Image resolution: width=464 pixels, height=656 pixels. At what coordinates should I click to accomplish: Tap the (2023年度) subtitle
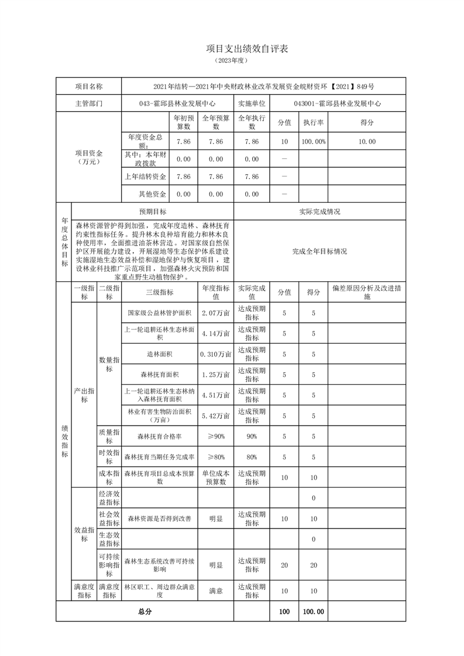click(232, 60)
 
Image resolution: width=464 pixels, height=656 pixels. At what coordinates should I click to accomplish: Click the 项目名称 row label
click(88, 86)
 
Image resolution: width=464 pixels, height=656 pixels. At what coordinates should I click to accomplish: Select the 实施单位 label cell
click(252, 103)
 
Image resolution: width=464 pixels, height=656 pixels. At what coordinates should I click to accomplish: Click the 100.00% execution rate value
click(313, 141)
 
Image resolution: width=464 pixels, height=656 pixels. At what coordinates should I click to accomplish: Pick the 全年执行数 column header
click(252, 122)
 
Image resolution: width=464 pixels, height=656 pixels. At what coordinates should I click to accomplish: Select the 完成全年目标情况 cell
click(319, 251)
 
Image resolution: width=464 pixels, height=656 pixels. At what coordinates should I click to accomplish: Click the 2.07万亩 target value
click(216, 313)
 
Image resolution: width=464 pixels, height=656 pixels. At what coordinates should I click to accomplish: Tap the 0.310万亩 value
click(216, 354)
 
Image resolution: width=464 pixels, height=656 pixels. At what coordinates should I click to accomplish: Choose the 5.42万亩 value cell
click(216, 416)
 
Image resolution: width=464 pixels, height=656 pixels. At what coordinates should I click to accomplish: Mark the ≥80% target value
click(216, 457)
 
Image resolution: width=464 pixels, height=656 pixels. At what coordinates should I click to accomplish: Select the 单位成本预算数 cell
click(216, 477)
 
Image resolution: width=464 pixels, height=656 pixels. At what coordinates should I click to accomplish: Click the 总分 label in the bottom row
click(145, 612)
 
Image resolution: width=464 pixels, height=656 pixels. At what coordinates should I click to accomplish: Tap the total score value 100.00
click(313, 612)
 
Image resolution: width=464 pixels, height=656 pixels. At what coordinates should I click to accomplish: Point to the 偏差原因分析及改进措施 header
click(366, 292)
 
